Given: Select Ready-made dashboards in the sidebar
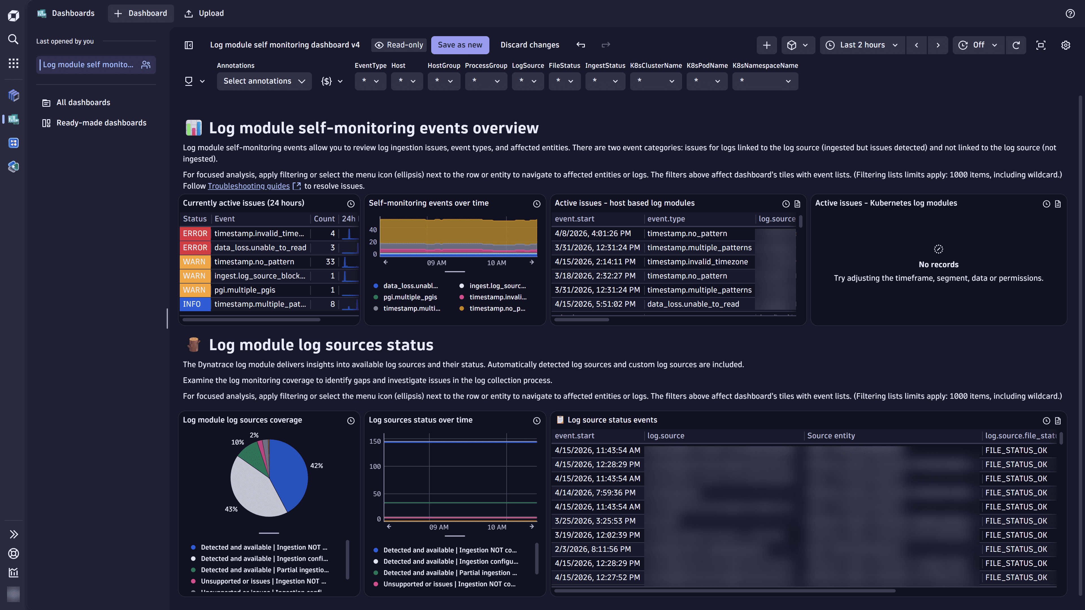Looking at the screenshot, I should click(x=101, y=123).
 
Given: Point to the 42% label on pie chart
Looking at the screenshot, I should click(x=316, y=466).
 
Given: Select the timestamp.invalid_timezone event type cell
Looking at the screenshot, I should click(x=697, y=262).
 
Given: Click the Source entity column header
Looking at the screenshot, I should click(x=831, y=436).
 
